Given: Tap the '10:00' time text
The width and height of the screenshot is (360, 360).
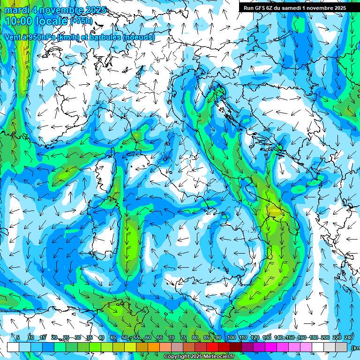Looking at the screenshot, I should coord(18,22).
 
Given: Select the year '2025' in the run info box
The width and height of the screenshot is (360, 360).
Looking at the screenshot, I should coord(338,8).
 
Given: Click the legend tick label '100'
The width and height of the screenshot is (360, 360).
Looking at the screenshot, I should coord(231,337).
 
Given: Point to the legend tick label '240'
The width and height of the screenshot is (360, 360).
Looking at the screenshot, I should coord(348,337).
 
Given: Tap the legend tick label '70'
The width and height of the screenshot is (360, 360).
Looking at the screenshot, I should coord(172,337).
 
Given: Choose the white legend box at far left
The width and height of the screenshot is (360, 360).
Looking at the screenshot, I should coord(13,347).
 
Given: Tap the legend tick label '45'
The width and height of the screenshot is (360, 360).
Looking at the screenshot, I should coord(113,337).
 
